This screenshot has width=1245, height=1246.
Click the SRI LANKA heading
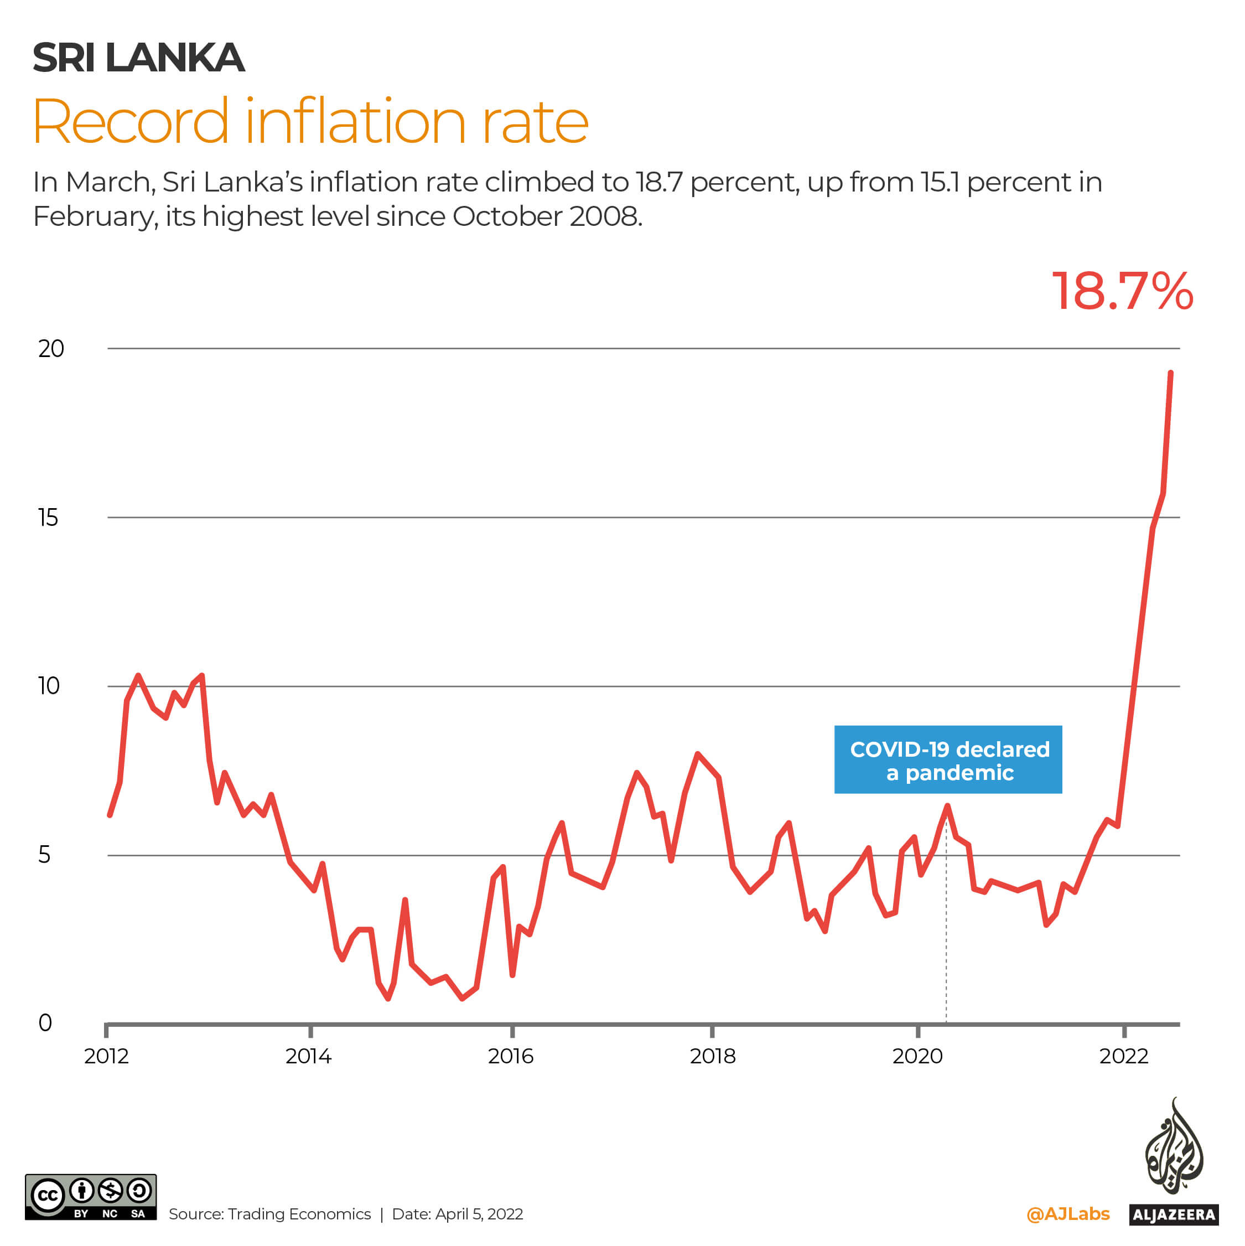coord(139,58)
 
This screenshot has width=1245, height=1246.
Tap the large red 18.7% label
coord(1123,292)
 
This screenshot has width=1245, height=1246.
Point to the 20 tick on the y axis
coord(51,349)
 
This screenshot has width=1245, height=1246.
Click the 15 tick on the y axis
coord(48,518)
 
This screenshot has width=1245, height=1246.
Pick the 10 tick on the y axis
coord(48,686)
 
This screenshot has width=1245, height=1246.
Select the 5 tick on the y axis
coord(44,855)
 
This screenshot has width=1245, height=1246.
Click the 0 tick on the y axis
coord(45,1023)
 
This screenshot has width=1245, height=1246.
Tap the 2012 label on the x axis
coord(106,1056)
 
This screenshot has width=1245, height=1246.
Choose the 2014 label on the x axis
coord(308,1056)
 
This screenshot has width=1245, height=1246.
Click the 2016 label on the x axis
coord(511,1056)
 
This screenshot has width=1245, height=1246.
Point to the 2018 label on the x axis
coord(713,1056)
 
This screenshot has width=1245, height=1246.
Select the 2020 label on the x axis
coord(917,1056)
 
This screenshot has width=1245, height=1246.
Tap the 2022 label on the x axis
coord(1124,1056)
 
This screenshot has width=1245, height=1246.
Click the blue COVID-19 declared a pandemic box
coord(948,760)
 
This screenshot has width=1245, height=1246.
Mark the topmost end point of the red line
coord(1170,373)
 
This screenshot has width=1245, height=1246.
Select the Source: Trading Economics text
coord(269,1214)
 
